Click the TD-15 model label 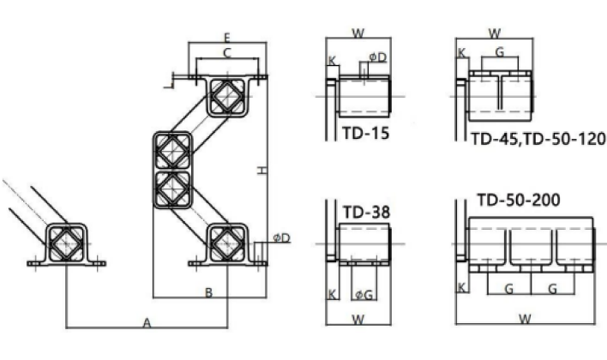[x=366, y=133]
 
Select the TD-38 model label [x=366, y=212]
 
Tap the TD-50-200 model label [x=519, y=200]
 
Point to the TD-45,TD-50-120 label [x=538, y=139]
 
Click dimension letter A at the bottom [x=147, y=322]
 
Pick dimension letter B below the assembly [x=208, y=292]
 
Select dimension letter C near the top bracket [x=227, y=53]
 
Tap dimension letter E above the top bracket [x=227, y=38]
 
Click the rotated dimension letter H [x=262, y=171]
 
